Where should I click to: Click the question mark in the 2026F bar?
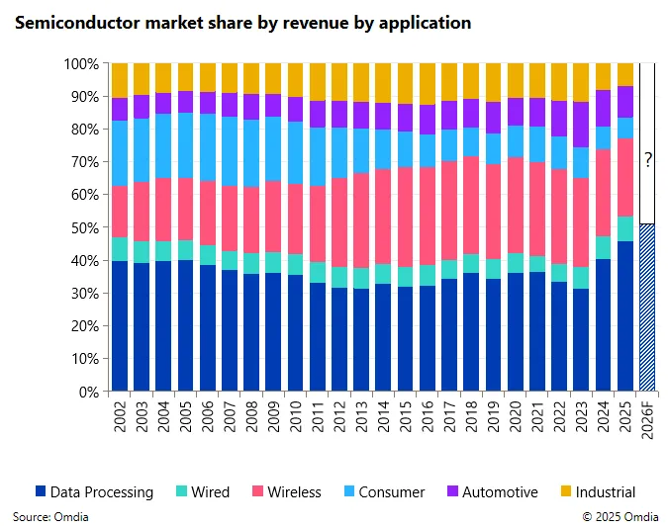648,160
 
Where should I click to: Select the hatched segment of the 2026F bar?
647,308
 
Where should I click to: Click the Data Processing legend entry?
94,491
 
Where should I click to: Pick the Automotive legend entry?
491,491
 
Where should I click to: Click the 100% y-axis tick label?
81,63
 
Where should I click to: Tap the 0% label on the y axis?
88,392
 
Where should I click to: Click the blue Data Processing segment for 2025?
625,316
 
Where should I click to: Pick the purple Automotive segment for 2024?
604,108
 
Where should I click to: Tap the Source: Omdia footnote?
46,516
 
